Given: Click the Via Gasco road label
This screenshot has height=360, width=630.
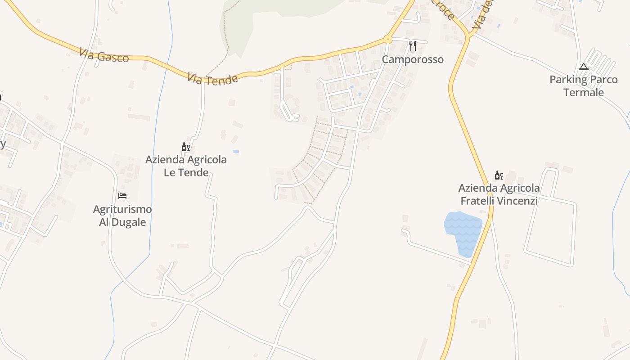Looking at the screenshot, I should [x=104, y=55].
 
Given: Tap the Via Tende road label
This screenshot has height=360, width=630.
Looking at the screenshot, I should [x=212, y=79].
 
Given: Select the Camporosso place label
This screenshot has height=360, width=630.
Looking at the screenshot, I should [x=413, y=59].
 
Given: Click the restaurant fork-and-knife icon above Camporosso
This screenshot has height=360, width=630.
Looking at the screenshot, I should [x=412, y=46].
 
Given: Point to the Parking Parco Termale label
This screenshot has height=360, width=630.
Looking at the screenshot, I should [x=584, y=86].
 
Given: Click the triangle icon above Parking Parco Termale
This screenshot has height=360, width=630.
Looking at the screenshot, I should [x=584, y=67].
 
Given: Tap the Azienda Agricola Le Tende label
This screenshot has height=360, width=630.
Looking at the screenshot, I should [x=186, y=166].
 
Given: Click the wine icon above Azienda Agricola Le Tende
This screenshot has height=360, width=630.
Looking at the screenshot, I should [x=185, y=147].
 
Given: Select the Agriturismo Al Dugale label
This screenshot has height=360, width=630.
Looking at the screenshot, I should [x=122, y=216].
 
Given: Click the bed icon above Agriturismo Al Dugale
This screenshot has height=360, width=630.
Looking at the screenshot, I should [x=122, y=196].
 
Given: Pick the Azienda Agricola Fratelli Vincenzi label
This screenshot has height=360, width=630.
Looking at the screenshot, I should [x=499, y=194].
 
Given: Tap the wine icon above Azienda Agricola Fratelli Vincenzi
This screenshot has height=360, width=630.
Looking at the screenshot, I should [x=499, y=175].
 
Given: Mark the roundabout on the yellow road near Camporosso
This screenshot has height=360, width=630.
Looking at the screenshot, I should [x=387, y=40].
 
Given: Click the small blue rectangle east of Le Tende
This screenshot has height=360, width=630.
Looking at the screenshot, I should [x=236, y=152].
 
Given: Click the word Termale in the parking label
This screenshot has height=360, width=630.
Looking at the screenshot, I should [x=584, y=93].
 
